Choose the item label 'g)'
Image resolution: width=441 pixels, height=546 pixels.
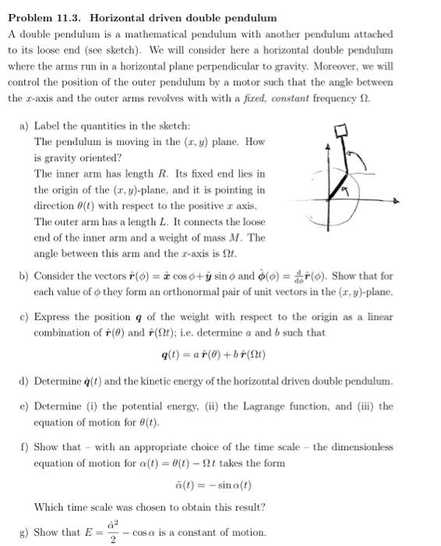click(23, 533)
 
